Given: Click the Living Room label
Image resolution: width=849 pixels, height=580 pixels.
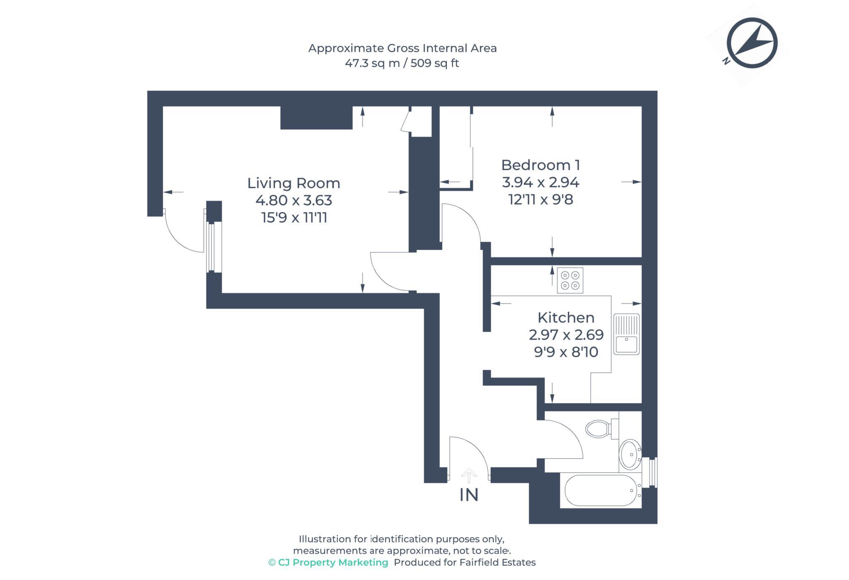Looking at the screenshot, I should tap(294, 183).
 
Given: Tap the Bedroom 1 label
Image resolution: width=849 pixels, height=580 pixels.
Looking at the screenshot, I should tap(540, 165).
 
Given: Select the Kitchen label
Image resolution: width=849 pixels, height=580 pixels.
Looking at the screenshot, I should tap(566, 318).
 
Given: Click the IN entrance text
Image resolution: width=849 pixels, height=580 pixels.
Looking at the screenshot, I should tap(469, 495).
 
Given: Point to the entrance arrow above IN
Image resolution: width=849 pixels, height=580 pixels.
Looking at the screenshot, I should tap(469, 476).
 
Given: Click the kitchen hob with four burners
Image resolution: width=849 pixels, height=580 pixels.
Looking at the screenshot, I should tap(570, 280).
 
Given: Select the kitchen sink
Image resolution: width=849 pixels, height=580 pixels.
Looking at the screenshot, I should tap(626, 334).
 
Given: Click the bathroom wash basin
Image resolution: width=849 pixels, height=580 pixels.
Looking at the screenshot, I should tap(630, 454).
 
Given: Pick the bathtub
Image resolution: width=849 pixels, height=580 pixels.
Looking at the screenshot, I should tap(600, 491).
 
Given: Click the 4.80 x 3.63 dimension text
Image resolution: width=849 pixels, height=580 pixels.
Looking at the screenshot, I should tap(294, 201).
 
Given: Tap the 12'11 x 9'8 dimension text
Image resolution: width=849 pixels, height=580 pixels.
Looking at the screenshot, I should tap(540, 200).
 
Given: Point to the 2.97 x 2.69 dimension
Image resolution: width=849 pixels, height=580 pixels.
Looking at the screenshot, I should tap(566, 335).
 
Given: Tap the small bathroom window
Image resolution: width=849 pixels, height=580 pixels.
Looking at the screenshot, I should tap(653, 472).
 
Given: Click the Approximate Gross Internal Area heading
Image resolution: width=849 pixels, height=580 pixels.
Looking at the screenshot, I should tap(402, 48).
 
